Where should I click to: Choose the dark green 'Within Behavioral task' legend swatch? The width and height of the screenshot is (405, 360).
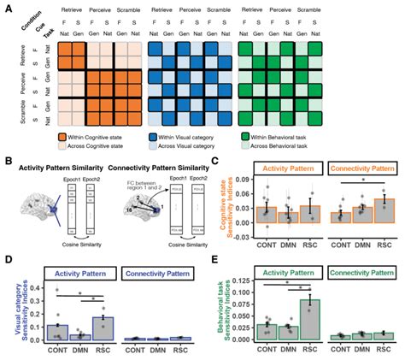(243, 136)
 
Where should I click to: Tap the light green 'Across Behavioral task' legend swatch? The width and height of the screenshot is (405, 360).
(243, 147)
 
